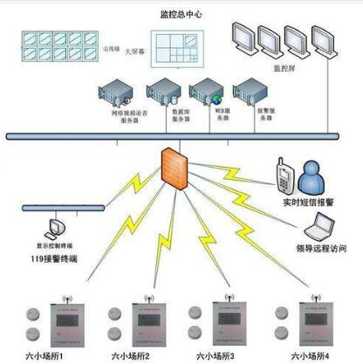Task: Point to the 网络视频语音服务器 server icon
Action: coord(118,93)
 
